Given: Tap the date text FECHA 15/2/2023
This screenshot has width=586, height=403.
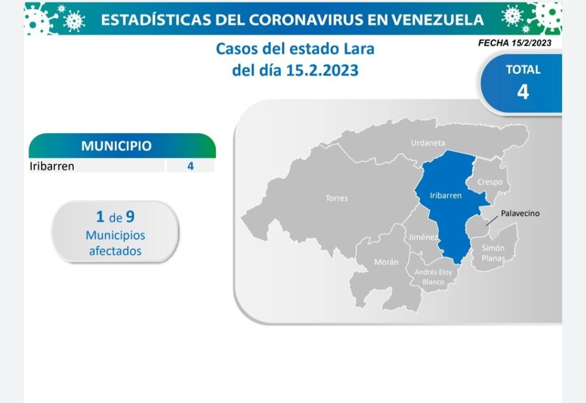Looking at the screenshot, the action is click(514, 43).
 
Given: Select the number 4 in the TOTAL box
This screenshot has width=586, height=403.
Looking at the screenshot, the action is click(523, 91).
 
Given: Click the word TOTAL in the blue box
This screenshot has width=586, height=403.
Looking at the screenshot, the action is click(523, 70).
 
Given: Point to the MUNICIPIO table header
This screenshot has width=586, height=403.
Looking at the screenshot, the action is click(116, 146).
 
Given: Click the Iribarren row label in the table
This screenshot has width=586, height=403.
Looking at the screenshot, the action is click(52, 166).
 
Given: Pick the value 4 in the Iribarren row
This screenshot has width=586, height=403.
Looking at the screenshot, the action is click(191, 166).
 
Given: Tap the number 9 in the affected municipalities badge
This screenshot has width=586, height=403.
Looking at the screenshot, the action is click(130, 217).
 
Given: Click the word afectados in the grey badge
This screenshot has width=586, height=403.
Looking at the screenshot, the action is click(115, 251).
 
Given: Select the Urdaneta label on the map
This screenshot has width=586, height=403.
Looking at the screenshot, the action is click(428, 143).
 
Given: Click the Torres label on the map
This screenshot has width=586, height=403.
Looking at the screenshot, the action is click(336, 198).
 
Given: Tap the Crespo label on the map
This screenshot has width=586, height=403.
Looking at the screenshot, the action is click(490, 182).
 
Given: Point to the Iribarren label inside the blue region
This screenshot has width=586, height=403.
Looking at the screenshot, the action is click(446, 195).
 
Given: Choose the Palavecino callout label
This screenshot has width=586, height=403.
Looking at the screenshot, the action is click(520, 213).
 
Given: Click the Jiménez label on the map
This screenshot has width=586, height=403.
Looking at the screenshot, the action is click(423, 237).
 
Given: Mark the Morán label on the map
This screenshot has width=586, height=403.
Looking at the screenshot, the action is click(386, 262).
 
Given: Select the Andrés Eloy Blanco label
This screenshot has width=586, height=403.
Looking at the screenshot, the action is click(433, 277).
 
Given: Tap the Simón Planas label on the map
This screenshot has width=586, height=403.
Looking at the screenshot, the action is click(493, 253).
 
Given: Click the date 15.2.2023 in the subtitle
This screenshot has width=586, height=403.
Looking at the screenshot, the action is click(323, 70).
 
